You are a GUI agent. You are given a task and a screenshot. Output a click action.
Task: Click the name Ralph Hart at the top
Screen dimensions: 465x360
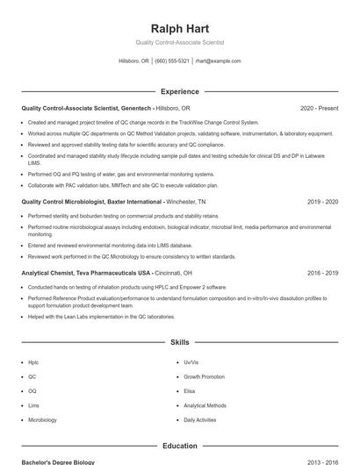[179, 29]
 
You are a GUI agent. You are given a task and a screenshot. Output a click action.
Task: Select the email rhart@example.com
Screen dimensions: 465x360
[218, 61]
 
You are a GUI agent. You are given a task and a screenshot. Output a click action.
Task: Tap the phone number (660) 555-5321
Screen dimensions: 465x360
[171, 61]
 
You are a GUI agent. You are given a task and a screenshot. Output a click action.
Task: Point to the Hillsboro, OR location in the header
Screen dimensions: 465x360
[133, 61]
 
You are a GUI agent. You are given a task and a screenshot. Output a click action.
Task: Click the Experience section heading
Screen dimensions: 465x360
[179, 91]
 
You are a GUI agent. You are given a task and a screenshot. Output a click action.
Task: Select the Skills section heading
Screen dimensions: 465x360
[179, 342]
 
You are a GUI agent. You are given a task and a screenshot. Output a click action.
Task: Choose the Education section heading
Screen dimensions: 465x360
[179, 446]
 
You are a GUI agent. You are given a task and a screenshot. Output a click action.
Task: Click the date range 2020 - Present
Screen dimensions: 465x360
[319, 108]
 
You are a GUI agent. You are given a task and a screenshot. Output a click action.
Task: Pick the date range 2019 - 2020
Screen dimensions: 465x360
[322, 201]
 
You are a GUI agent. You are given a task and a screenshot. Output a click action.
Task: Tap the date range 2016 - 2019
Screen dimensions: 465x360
[322, 273]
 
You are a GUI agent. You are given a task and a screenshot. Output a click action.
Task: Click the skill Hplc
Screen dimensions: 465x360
[33, 361]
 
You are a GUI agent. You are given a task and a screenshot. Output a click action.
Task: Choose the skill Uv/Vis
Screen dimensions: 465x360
[191, 361]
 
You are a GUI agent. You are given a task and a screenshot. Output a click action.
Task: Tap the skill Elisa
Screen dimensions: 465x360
[189, 391]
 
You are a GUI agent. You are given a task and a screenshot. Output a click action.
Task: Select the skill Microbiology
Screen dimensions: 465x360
[42, 420]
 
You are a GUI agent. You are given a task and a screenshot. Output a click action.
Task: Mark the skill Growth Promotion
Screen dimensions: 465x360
[204, 376]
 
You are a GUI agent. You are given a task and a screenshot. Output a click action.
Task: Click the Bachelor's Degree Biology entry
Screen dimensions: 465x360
[57, 461]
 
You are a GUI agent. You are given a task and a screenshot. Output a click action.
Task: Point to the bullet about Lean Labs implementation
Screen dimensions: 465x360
[101, 316]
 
